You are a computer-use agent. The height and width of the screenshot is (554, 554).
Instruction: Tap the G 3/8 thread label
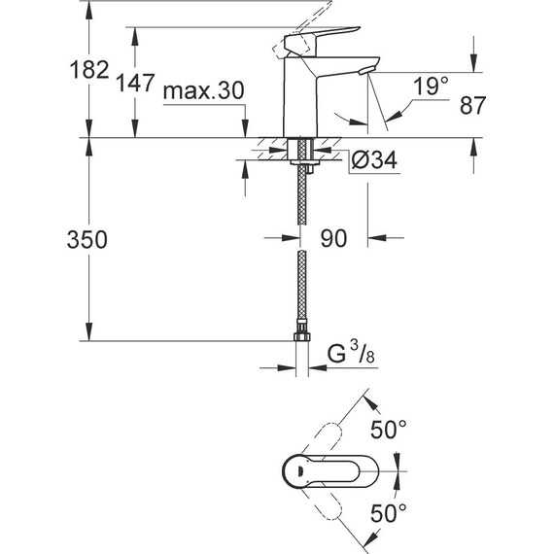click(351, 353)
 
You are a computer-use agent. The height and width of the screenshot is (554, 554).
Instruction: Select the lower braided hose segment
click(302, 292)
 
